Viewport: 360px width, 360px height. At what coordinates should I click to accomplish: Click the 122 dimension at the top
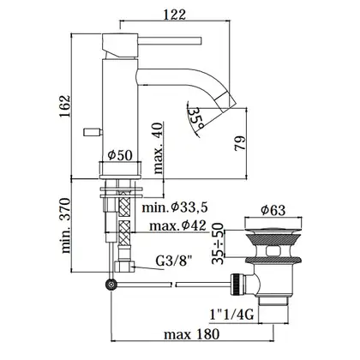click(x=175, y=15)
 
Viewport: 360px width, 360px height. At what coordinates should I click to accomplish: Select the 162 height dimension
click(x=64, y=106)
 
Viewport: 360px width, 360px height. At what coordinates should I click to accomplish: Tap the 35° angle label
click(x=196, y=117)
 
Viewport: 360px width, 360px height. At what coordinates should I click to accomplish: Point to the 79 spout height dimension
click(x=240, y=143)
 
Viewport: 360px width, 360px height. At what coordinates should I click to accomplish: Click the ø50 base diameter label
click(x=120, y=155)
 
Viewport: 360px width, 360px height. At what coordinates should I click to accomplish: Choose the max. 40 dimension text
click(x=158, y=148)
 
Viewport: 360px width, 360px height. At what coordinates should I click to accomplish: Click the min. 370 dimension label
click(x=66, y=225)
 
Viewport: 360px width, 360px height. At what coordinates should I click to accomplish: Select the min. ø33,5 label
click(x=175, y=207)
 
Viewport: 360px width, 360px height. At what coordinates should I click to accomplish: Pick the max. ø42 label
click(x=177, y=226)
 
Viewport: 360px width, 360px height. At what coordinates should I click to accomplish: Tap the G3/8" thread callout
click(x=174, y=261)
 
